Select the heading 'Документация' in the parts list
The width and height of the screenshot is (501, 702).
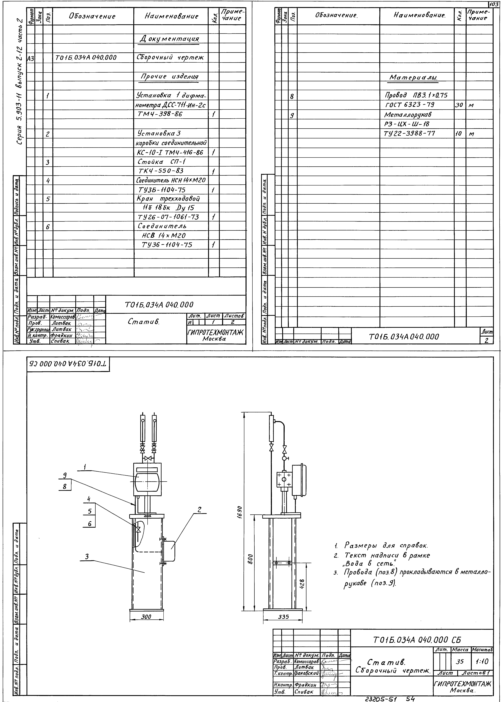click(x=169, y=39)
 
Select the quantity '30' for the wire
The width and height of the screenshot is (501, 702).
click(x=459, y=105)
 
